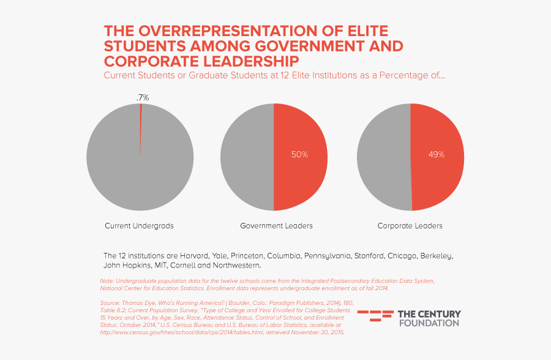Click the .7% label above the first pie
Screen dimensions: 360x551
pyautogui.click(x=143, y=97)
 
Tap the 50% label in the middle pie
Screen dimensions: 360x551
pyautogui.click(x=299, y=155)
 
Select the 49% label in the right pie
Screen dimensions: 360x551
pyautogui.click(x=436, y=155)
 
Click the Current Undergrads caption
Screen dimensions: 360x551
pyautogui.click(x=139, y=226)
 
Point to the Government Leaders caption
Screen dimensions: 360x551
pyautogui.click(x=276, y=226)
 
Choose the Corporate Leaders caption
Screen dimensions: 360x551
pyautogui.click(x=410, y=226)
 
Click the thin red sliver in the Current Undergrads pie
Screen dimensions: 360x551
pyautogui.click(x=141, y=122)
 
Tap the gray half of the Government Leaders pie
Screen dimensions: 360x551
pyautogui.click(x=245, y=157)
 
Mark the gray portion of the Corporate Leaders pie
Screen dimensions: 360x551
pyautogui.click(x=383, y=157)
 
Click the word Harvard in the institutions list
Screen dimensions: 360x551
pyautogui.click(x=193, y=255)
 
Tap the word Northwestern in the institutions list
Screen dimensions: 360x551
pyautogui.click(x=236, y=266)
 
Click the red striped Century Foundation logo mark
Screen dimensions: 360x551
pyautogui.click(x=375, y=316)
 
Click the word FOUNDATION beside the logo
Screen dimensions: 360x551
pyautogui.click(x=429, y=323)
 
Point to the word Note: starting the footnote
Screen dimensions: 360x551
pyautogui.click(x=107, y=281)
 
